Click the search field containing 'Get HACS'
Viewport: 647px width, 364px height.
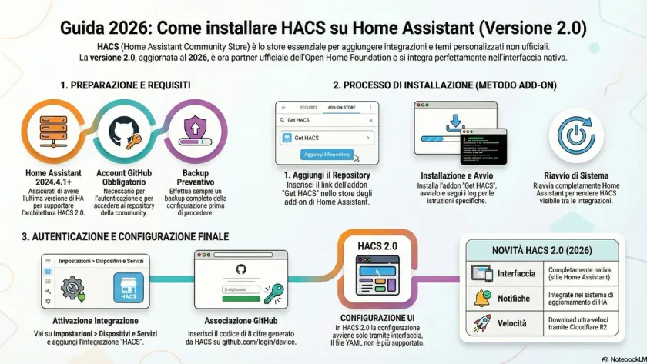click(327, 120)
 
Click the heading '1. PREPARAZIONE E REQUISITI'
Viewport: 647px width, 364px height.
click(126, 85)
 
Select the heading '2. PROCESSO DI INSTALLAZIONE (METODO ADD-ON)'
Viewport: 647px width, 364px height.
click(444, 85)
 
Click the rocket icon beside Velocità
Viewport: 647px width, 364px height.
click(482, 324)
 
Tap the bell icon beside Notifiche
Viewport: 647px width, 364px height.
click(482, 298)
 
